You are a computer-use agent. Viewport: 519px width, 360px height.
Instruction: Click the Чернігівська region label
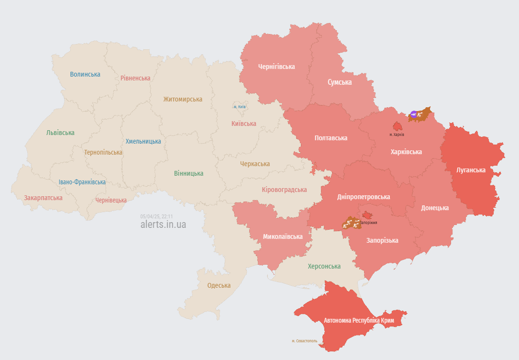click(x=276, y=67)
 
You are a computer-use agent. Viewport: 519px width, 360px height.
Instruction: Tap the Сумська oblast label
click(x=340, y=82)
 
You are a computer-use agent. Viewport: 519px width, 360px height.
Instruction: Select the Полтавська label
click(x=331, y=138)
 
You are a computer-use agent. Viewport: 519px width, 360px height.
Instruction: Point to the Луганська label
click(x=471, y=170)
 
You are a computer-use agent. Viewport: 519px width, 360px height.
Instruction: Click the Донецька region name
click(x=435, y=208)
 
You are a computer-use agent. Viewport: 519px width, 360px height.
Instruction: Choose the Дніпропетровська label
click(x=363, y=197)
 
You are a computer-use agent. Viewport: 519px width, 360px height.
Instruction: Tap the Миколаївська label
click(x=283, y=236)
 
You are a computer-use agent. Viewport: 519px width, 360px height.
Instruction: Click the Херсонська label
click(x=324, y=266)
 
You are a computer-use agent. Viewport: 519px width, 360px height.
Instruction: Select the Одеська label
click(x=219, y=285)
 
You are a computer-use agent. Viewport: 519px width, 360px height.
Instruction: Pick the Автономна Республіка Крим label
click(x=358, y=320)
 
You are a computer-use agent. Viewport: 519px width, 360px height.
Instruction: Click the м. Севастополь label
click(x=304, y=341)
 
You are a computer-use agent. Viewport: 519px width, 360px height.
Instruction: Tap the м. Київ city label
click(x=239, y=107)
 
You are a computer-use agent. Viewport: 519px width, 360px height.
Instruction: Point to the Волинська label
click(x=85, y=74)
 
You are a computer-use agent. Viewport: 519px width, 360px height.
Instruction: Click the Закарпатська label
click(x=43, y=197)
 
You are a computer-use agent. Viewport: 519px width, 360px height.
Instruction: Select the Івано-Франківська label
click(x=82, y=182)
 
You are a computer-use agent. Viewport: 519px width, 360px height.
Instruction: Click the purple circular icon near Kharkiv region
click(x=413, y=114)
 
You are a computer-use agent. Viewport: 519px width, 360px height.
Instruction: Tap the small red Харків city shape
click(x=397, y=126)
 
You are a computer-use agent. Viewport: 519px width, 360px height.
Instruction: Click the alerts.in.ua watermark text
click(x=163, y=225)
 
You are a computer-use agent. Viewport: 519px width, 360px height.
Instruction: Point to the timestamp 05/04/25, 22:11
click(x=156, y=216)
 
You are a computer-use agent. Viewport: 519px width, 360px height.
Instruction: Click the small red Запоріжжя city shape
click(x=367, y=215)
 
